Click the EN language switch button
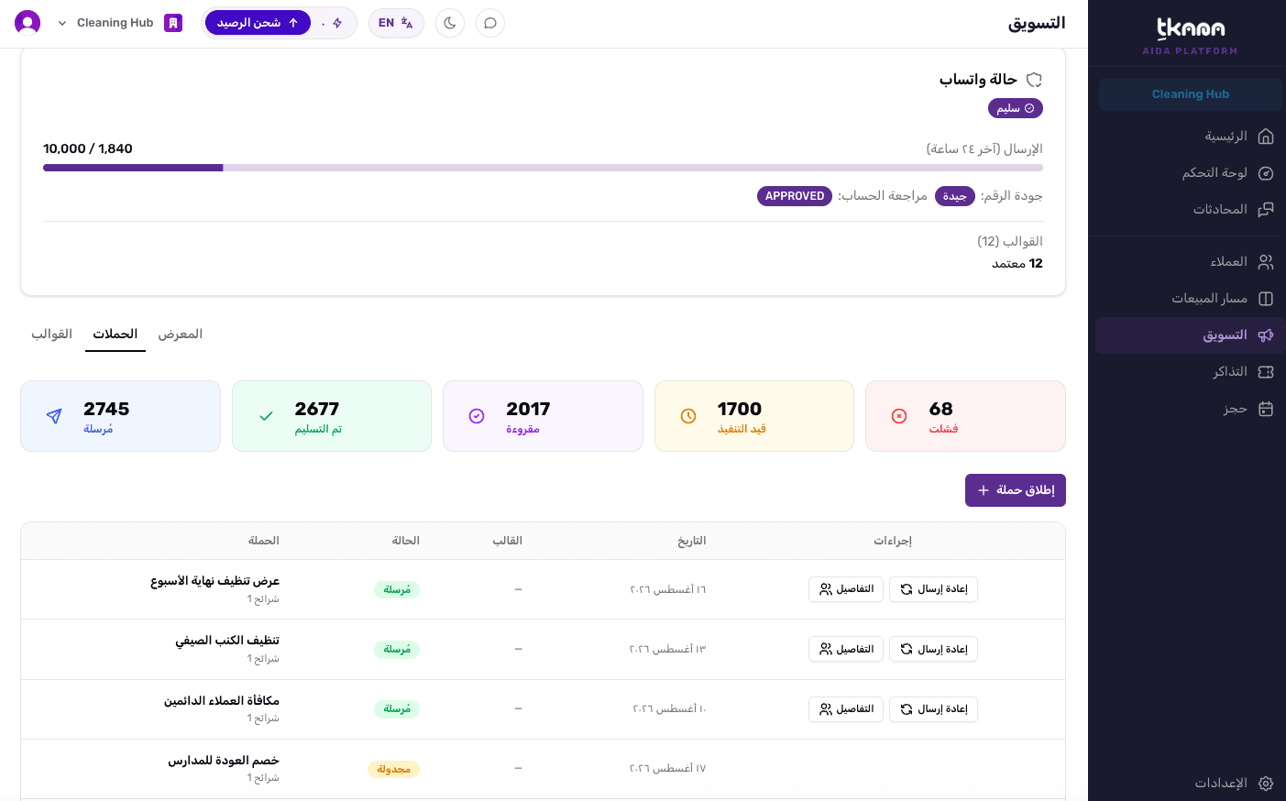coord(396,23)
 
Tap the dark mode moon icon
coord(449,23)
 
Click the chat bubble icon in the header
coord(489,23)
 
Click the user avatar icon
coord(27,23)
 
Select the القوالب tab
coord(51,335)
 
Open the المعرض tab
coord(181,335)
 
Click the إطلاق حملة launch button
coord(1015,490)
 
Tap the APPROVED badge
coord(795,196)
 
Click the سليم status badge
coord(1015,108)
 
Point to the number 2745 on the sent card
coord(106,409)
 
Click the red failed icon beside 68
coord(899,416)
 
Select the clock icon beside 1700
coord(687,416)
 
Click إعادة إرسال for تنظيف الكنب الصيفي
coord(933,649)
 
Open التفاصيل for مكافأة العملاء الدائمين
coord(846,709)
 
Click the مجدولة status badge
coord(394,769)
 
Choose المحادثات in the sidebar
coord(1233,209)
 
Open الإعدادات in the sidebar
coord(1234,783)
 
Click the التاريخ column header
coord(691,541)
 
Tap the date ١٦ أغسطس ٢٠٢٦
coord(667,589)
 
